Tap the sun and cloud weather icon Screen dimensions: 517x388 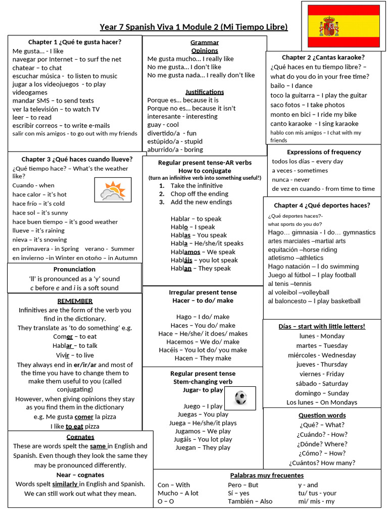tap(113, 190)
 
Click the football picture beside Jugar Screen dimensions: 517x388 tap(240, 398)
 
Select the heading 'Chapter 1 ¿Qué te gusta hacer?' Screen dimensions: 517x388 tap(74, 42)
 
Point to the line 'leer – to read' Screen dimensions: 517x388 tap(32, 117)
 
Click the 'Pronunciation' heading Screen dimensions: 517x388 tap(74, 269)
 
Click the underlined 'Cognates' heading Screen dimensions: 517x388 tap(80, 437)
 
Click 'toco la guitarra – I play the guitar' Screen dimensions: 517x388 tap(318, 95)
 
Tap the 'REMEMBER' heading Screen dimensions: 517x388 tap(75, 301)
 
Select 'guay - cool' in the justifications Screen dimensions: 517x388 tap(163, 125)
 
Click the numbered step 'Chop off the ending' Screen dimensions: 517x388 tap(199, 194)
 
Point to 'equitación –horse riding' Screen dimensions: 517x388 tap(302, 250)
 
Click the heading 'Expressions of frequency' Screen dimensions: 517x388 tap(324, 152)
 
